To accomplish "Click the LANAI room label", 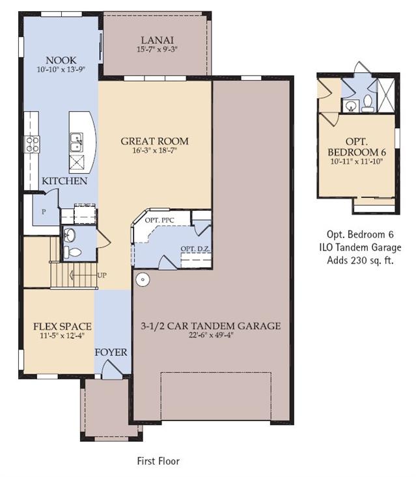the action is pos(157,40).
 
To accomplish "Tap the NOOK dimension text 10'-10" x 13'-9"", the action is pos(61,70).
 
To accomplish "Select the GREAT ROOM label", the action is pos(154,141).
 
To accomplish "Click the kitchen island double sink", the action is pos(76,142).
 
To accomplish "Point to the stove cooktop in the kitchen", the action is pos(33,144).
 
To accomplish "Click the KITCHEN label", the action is pos(64,181).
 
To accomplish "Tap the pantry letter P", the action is pos(44,211).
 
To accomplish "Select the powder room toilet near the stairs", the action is pos(72,252).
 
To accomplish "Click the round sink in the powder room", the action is pos(70,235).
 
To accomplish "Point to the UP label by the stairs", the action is pos(102,276).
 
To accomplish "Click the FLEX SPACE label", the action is pos(62,327).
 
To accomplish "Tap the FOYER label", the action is pos(111,352).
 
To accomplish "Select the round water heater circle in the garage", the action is pos(143,279).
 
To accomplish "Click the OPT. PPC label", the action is pos(159,220).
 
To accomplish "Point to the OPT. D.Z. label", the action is pos(195,249).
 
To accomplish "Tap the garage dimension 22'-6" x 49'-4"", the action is pos(210,335).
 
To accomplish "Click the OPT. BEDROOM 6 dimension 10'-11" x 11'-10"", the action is pos(356,161).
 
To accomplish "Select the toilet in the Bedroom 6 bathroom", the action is pos(368,103).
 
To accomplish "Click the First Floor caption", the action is pos(158,461).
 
